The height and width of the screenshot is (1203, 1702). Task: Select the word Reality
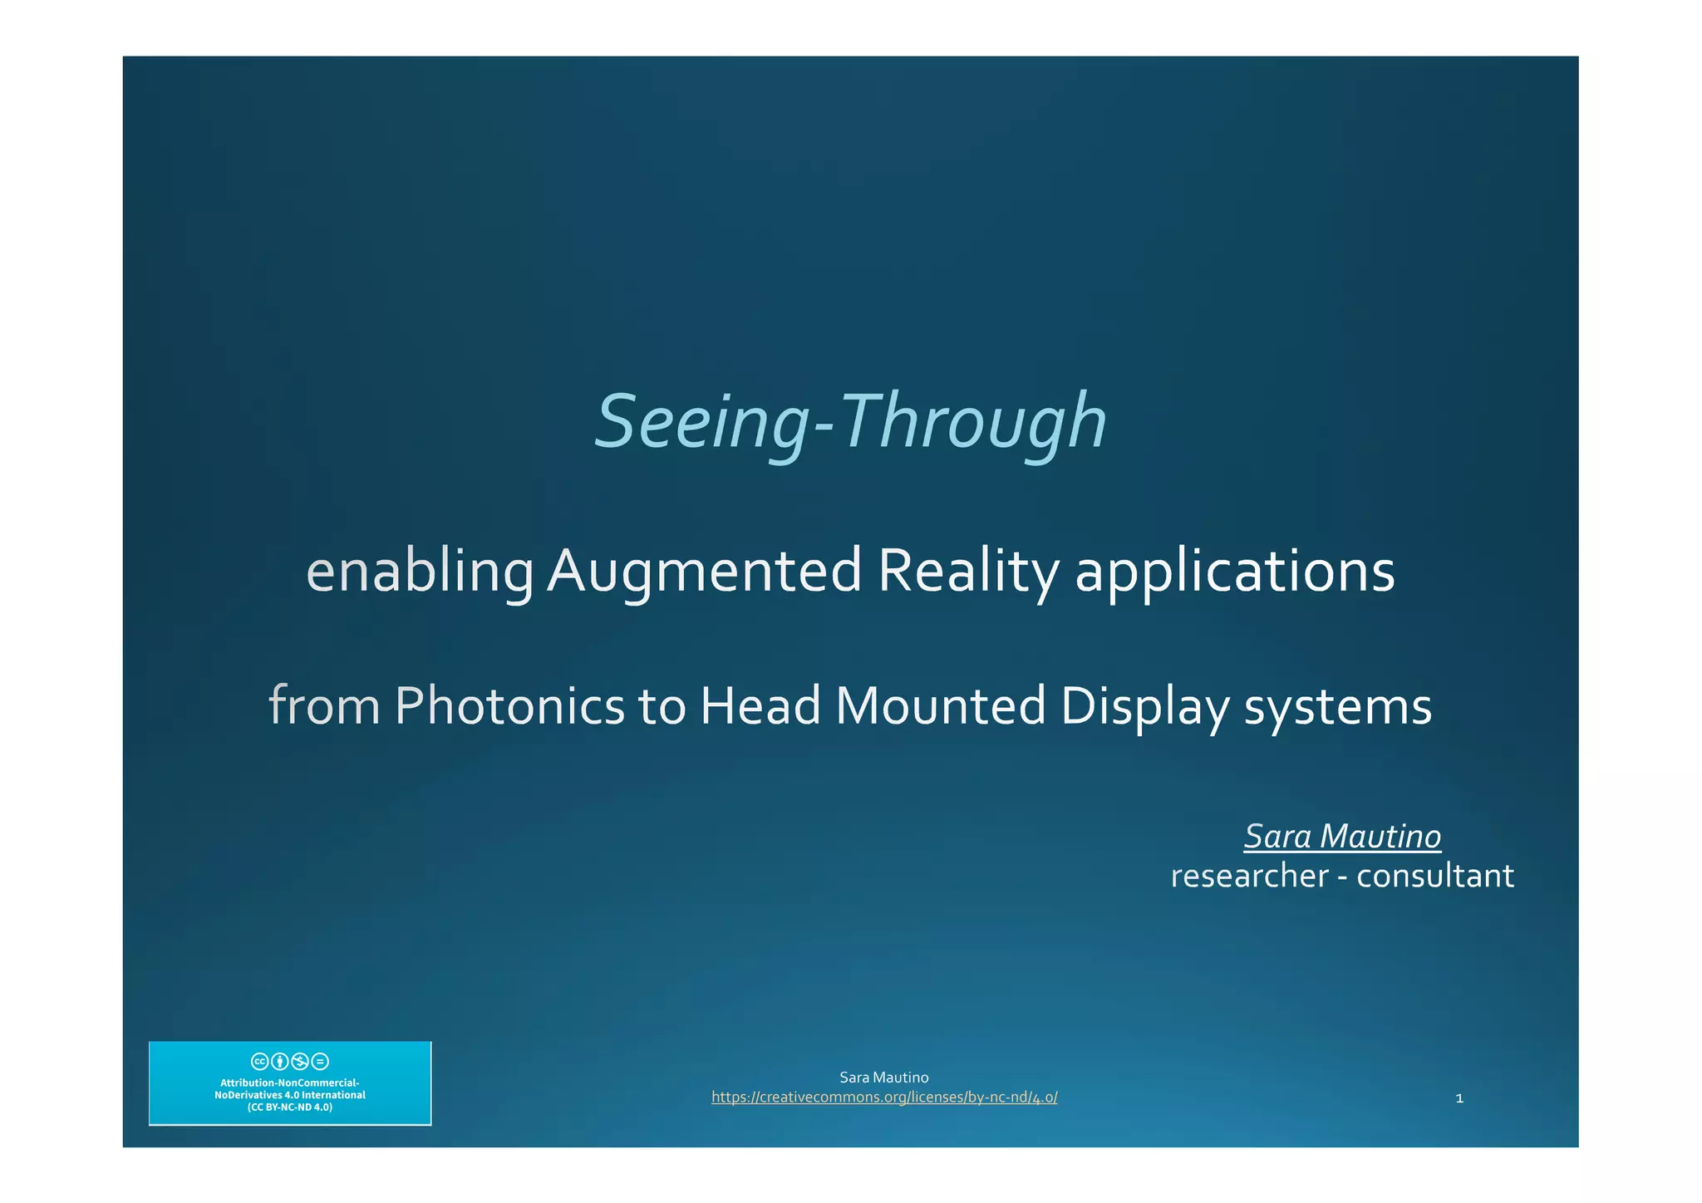(x=968, y=572)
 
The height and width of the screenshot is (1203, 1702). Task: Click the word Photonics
(x=509, y=706)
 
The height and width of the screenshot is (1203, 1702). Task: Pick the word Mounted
(x=940, y=706)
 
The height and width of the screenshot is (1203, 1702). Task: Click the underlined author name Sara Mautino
(x=1342, y=837)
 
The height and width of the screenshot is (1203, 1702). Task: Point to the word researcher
(x=1249, y=876)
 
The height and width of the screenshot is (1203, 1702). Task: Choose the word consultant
(x=1434, y=876)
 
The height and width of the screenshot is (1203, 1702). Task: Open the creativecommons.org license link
(x=884, y=1097)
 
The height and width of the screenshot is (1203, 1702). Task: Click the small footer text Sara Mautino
(x=884, y=1078)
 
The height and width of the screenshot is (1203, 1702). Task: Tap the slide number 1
(x=1459, y=1098)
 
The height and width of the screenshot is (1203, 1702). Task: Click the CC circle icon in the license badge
(x=259, y=1061)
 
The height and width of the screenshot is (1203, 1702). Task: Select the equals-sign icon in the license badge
(x=321, y=1061)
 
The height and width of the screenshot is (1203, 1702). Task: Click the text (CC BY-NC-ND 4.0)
(x=290, y=1107)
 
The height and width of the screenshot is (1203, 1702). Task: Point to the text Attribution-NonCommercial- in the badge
(x=290, y=1083)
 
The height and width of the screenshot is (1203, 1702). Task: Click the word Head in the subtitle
(x=760, y=706)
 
